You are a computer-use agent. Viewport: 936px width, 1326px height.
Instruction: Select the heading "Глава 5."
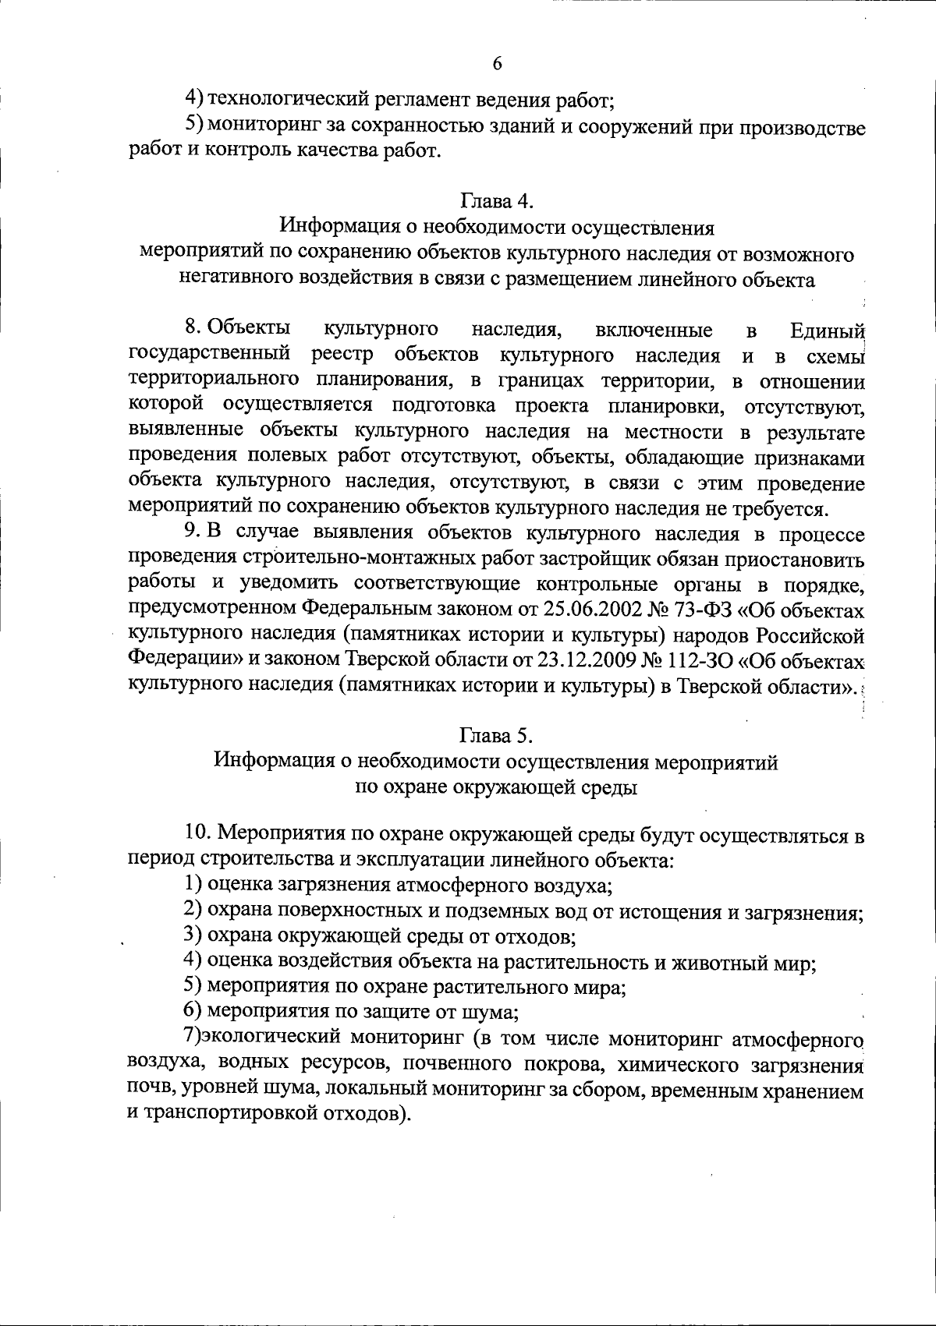click(496, 735)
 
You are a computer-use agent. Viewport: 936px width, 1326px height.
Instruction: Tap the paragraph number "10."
click(198, 833)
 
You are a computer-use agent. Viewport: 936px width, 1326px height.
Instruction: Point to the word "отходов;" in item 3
click(539, 935)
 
